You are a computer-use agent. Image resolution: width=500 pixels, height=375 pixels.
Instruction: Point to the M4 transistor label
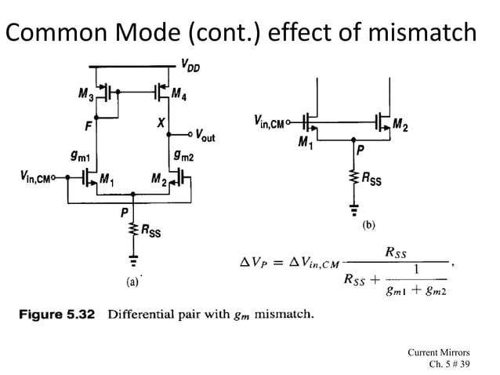click(x=181, y=96)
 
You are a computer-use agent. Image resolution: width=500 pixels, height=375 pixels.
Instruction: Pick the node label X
click(x=160, y=124)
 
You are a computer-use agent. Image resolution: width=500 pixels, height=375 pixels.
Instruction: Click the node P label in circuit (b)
click(x=360, y=147)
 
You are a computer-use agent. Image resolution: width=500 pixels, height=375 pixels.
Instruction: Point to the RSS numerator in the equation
click(x=400, y=253)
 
